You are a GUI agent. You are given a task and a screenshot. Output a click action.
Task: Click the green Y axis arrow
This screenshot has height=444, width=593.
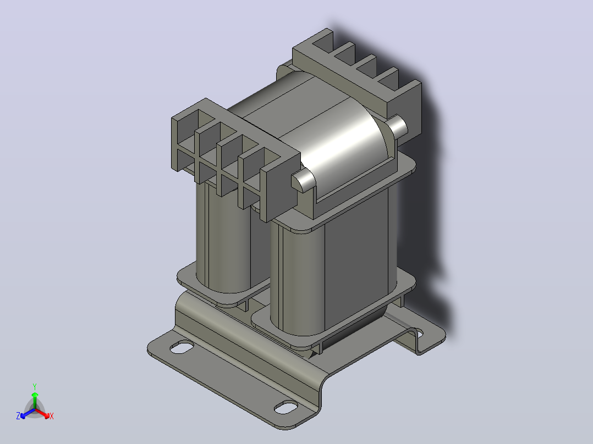35,400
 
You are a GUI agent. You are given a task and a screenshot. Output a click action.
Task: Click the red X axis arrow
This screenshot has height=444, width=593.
43,413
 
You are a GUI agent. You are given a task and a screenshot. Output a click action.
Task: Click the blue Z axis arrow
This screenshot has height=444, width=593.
28,413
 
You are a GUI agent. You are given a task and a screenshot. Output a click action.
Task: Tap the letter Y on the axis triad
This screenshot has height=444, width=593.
35,387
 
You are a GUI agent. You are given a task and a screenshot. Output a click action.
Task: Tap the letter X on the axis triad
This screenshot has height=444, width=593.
52,416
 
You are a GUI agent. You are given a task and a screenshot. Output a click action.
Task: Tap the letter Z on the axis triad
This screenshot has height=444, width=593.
18,416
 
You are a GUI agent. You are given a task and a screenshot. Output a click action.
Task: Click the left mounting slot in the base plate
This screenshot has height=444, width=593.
182,347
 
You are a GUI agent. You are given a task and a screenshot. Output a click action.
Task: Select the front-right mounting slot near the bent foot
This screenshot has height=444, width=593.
286,407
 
